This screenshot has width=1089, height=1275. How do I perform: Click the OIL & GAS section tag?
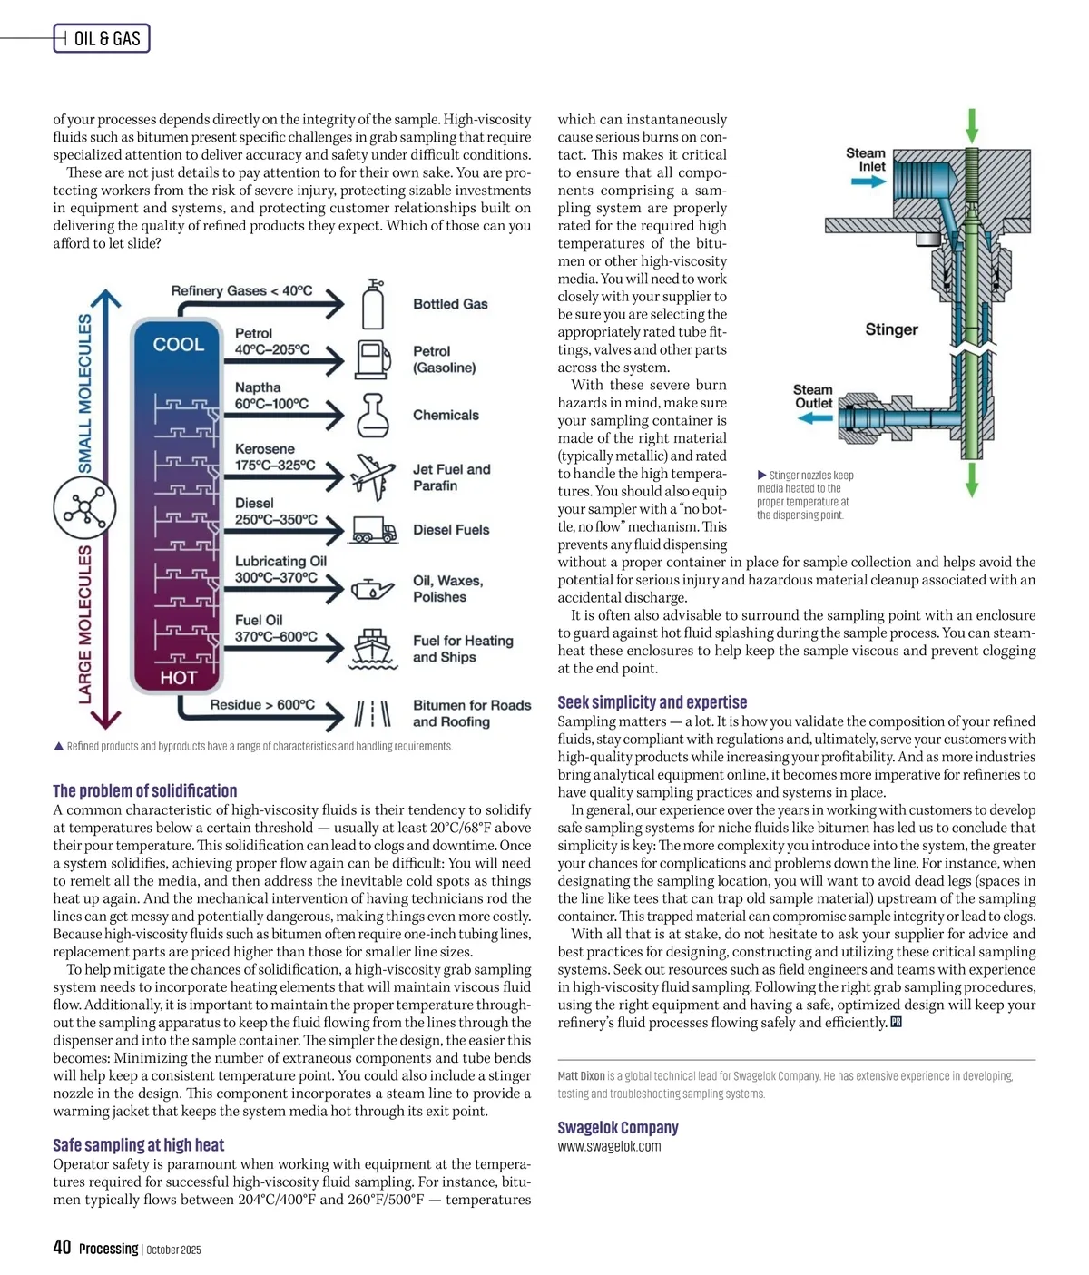click(x=102, y=38)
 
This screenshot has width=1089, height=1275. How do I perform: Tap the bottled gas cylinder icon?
click(x=373, y=304)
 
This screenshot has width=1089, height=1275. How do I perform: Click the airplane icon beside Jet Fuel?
click(x=374, y=476)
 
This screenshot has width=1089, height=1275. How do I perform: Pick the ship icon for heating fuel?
click(x=372, y=648)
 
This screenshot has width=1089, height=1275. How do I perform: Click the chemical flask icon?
click(x=372, y=416)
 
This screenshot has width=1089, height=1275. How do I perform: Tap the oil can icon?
click(x=372, y=589)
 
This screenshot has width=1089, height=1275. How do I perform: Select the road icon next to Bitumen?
click(x=372, y=713)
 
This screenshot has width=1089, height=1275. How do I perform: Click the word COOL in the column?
click(x=178, y=345)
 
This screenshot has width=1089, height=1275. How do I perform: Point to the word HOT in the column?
click(x=178, y=678)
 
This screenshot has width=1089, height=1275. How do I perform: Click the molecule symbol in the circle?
click(x=84, y=508)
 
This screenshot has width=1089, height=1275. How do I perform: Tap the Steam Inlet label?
click(x=867, y=160)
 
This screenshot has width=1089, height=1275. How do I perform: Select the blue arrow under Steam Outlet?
click(x=815, y=418)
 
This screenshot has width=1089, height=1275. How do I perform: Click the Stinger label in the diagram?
click(x=891, y=329)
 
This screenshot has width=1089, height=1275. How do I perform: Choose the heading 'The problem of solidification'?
click(x=144, y=790)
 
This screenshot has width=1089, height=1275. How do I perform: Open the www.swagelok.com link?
click(x=609, y=1146)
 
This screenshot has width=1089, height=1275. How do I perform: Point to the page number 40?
click(x=62, y=1247)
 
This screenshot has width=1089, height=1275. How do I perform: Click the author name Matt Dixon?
click(x=581, y=1076)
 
